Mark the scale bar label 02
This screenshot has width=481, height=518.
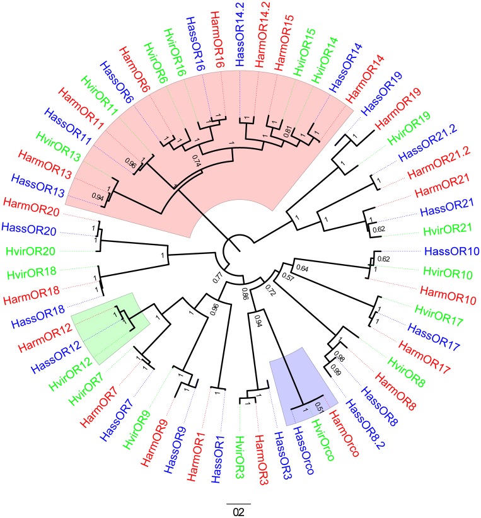click(x=239, y=512)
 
